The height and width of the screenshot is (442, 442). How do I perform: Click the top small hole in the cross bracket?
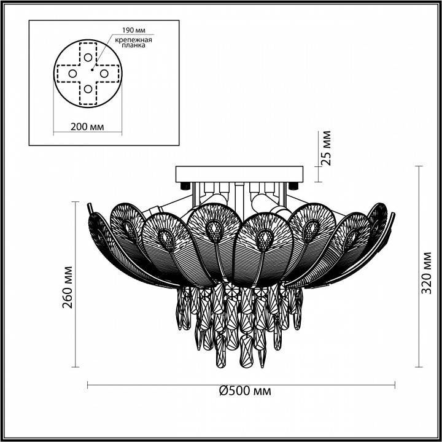tap(88, 57)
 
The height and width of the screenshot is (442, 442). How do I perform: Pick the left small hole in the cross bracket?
tap(72, 74)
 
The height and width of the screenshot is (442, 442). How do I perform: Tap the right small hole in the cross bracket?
tap(104, 74)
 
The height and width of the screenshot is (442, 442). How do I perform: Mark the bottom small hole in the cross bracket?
tap(88, 90)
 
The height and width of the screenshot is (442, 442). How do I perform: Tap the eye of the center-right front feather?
tap(265, 236)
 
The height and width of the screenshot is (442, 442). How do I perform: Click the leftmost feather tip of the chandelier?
tap(89, 206)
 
